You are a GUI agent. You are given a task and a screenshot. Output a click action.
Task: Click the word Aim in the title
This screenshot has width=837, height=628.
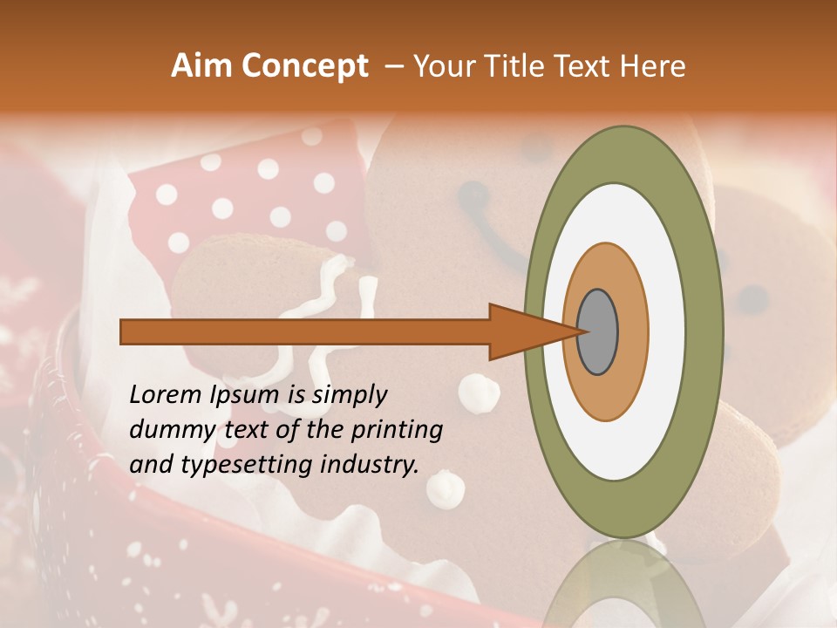click(201, 66)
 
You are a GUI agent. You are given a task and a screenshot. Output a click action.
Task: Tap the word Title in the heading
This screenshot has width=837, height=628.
click(518, 66)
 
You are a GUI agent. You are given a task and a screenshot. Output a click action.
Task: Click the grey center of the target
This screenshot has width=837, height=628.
click(597, 331)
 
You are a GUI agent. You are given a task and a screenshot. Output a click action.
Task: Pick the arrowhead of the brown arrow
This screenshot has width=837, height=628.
click(523, 331)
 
